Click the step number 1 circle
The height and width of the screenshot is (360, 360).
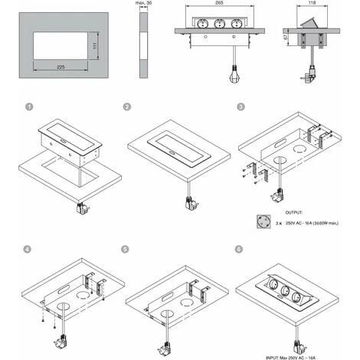(29, 109)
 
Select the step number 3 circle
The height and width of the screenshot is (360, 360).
(242, 109)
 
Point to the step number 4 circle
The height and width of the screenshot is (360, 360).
(29, 248)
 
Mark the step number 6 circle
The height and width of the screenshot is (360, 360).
(242, 248)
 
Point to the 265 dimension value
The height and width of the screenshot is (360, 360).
(220, 4)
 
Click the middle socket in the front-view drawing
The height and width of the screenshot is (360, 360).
(220, 23)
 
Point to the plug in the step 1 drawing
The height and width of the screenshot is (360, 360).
(82, 205)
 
